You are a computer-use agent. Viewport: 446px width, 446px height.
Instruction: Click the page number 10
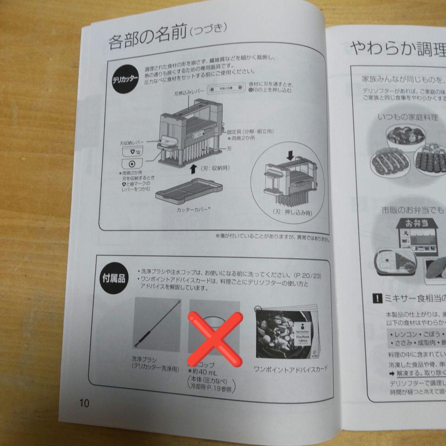(x=84, y=403)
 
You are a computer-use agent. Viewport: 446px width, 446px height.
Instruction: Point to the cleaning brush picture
(x=158, y=325)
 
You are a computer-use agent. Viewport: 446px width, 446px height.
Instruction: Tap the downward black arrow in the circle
(x=290, y=155)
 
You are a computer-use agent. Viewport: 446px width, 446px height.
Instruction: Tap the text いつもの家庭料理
(x=408, y=117)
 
